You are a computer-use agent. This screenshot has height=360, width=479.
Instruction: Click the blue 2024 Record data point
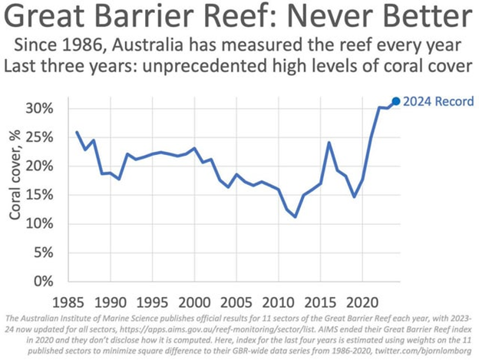coord(396,101)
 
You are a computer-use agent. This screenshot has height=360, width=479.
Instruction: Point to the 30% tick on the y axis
coord(39,108)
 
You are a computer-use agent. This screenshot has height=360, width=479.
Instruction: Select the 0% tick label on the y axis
coord(43,281)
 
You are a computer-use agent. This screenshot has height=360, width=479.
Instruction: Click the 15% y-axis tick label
coord(39,194)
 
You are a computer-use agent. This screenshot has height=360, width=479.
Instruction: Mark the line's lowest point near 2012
coord(296,217)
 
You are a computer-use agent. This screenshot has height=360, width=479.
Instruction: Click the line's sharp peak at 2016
coord(329,142)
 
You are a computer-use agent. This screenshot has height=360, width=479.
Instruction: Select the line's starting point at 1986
coord(77,132)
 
